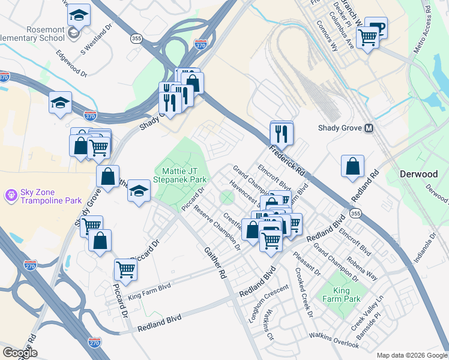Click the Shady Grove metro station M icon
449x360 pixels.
pyautogui.click(x=369, y=128)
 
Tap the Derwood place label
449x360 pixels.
pyautogui.click(x=419, y=174)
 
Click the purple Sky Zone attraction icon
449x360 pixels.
pyautogui.click(x=10, y=195)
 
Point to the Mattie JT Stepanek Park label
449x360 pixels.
pyautogui.click(x=181, y=175)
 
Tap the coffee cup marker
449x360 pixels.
pyautogui.click(x=376, y=28)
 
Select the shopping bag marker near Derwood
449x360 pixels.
pyautogui.click(x=352, y=166)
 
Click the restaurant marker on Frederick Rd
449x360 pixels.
pyautogui.click(x=281, y=133)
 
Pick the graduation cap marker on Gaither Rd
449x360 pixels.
pyautogui.click(x=139, y=191)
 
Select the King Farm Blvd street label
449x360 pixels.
pyautogui.click(x=149, y=290)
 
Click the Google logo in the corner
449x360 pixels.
pyautogui.click(x=20, y=352)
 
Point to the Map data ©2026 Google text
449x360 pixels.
pyautogui.click(x=411, y=355)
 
